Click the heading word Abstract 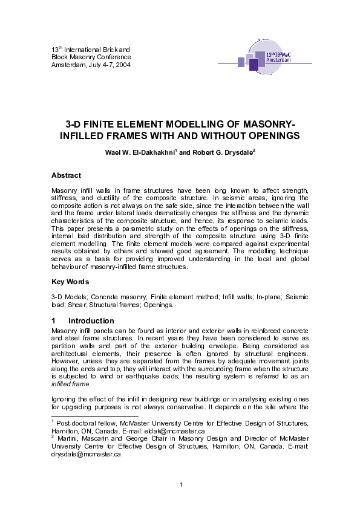(66, 175)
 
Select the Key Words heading (70, 282)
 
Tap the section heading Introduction (91, 321)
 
